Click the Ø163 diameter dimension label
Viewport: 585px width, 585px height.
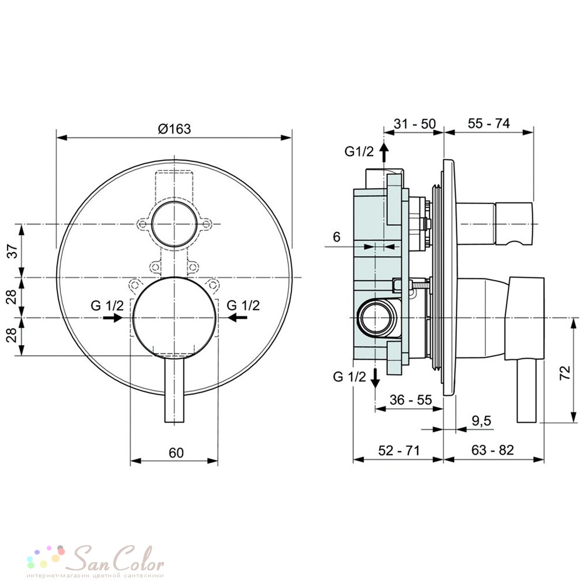tap(174, 129)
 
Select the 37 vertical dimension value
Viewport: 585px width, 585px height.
tap(13, 251)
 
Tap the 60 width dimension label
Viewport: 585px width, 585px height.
tap(176, 453)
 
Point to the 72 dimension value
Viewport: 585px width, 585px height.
tap(565, 373)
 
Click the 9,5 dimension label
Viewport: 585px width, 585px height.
tap(481, 421)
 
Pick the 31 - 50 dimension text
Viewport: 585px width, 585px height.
tap(415, 123)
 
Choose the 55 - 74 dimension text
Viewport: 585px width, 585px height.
tap(488, 123)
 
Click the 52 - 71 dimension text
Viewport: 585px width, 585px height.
tap(399, 450)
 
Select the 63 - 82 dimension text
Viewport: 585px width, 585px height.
tap(493, 450)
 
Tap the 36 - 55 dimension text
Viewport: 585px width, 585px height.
tap(411, 400)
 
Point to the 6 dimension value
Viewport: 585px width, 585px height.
tap(336, 237)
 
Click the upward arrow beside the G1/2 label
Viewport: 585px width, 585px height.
tap(384, 152)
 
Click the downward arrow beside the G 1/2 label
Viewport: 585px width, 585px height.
tap(376, 378)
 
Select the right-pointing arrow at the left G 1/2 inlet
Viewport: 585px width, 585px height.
tap(113, 318)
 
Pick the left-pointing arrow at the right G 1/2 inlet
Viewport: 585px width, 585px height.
tap(238, 318)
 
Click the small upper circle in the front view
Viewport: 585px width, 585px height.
tap(174, 224)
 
